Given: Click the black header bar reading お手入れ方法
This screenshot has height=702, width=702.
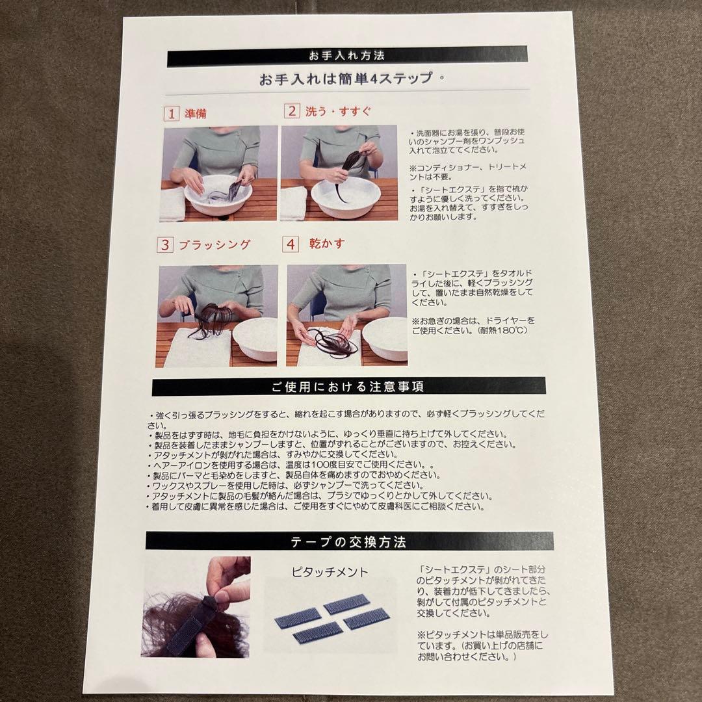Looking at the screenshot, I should click(x=350, y=57).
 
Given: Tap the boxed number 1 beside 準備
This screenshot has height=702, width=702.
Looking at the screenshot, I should click(x=171, y=114).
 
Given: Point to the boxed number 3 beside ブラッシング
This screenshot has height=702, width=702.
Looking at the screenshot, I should click(x=165, y=245).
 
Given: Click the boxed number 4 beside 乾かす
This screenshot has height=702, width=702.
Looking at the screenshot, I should click(x=290, y=244).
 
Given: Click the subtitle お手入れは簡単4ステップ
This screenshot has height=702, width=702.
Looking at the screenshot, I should click(x=346, y=79).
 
